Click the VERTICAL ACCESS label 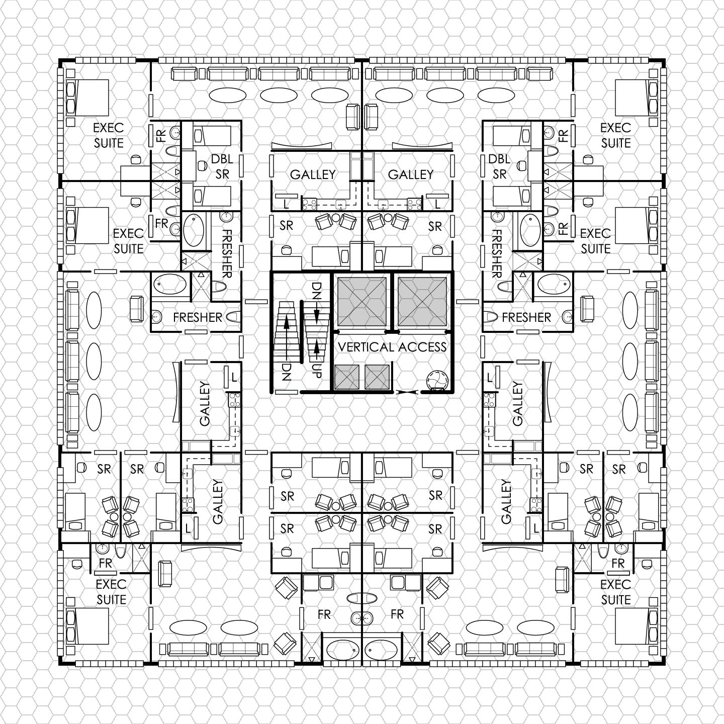coord(392,347)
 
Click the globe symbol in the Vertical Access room coord(437,381)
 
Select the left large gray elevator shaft coord(361,302)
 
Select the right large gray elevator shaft coord(422,302)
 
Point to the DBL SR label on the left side coord(222,166)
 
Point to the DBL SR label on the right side coord(499,166)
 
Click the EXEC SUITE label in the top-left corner coord(109,135)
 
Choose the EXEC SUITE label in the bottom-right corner coord(615,592)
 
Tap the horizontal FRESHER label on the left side coord(198,317)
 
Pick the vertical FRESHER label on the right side coord(497,253)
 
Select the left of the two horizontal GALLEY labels coord(313,174)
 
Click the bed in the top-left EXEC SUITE coord(87,98)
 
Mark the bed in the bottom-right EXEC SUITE coord(637,626)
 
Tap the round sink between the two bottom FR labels coord(362,618)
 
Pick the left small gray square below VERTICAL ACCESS coord(346,377)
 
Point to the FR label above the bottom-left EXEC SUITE coord(106,563)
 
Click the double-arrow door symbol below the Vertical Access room coord(407,392)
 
